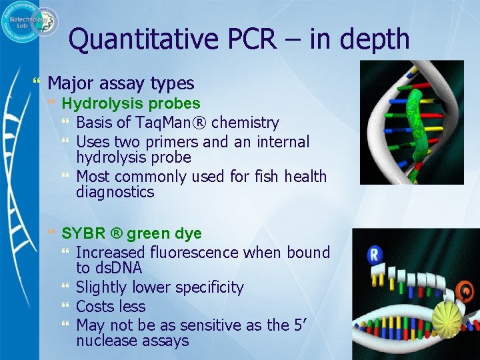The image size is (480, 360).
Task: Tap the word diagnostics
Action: click(x=115, y=193)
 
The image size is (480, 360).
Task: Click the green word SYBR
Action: click(x=82, y=234)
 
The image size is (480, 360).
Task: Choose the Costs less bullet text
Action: click(x=111, y=307)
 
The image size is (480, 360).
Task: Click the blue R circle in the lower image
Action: click(x=375, y=254)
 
